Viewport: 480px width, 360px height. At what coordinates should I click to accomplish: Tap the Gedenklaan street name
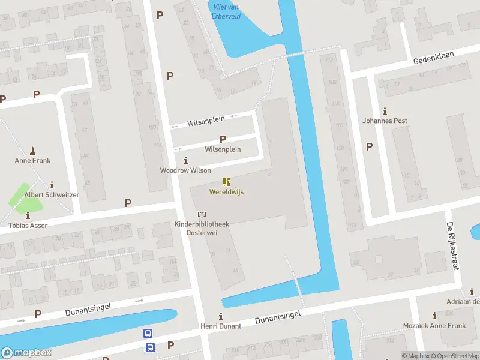coord(434,58)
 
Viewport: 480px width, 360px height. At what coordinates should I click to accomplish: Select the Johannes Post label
coord(385,121)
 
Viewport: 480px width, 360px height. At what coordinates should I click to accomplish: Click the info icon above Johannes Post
coord(385,111)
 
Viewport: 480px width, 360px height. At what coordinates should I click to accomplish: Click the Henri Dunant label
coord(221,326)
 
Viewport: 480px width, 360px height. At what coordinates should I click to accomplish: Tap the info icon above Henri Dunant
coord(221,316)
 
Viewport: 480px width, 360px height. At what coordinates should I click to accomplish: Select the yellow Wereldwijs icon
coord(226,182)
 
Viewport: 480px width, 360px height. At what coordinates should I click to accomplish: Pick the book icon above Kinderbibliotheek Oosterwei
coord(202,214)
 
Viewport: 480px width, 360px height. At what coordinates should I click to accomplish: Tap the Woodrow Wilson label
coord(185,170)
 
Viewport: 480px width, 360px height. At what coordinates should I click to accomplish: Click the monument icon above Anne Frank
coord(32,150)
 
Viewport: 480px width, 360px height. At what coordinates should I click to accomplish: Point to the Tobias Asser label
coord(28,225)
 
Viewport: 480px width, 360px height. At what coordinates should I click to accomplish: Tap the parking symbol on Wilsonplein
coord(223,139)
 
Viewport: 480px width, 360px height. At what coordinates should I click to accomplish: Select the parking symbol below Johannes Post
coord(369,146)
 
